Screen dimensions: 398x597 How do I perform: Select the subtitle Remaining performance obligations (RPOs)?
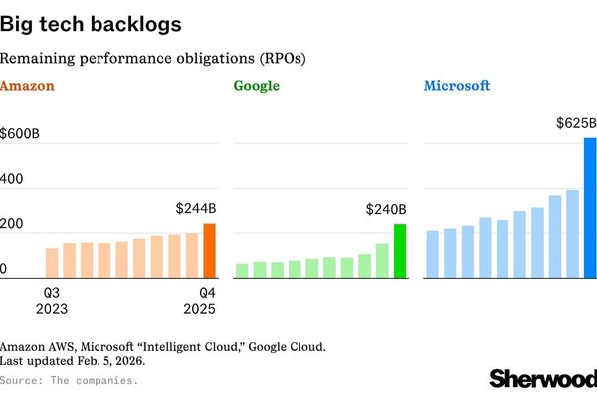(x=153, y=58)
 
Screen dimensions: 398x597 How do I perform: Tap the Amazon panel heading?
(x=27, y=86)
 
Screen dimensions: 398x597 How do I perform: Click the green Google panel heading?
(x=257, y=86)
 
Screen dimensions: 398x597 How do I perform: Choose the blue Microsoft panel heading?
(x=457, y=86)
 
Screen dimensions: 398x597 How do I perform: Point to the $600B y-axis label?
(x=21, y=132)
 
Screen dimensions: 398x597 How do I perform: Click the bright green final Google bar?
(x=400, y=251)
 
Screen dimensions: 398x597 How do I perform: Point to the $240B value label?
(x=386, y=210)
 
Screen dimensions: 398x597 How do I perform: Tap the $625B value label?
(x=576, y=123)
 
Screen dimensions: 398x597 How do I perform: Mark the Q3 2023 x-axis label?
(x=53, y=300)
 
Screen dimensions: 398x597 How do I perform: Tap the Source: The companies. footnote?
(x=69, y=380)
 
